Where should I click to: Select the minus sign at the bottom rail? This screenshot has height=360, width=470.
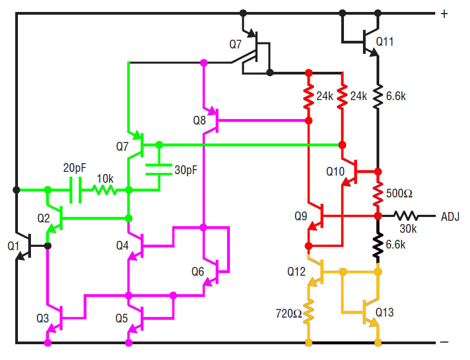444,343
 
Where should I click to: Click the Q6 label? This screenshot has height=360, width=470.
200,270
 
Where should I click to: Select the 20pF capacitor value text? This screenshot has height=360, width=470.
75,168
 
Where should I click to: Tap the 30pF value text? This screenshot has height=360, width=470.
185,170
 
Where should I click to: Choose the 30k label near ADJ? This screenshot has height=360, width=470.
406,229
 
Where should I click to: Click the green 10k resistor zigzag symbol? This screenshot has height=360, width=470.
104,190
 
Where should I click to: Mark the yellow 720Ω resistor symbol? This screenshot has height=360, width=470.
309,313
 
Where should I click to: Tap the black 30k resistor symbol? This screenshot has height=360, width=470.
405,216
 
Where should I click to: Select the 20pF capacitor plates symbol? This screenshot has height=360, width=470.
76,190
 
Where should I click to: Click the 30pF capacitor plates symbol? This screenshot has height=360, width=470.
159,169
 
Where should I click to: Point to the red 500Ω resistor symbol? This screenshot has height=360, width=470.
377,193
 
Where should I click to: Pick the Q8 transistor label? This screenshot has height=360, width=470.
200,120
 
